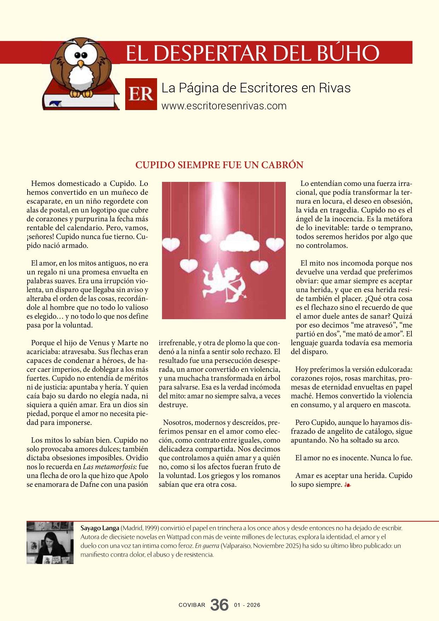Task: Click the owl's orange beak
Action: click(81, 64)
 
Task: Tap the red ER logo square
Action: click(141, 94)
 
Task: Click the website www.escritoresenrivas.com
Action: click(224, 106)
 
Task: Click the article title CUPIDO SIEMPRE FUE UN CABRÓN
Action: click(219, 165)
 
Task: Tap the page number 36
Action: click(219, 605)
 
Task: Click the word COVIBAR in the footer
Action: click(192, 605)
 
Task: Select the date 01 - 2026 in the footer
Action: click(247, 605)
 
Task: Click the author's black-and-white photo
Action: click(50, 542)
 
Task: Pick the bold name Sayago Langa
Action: click(99, 528)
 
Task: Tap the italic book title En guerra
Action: click(207, 546)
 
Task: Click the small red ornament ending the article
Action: click(347, 485)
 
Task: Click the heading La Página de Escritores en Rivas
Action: click(256, 88)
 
